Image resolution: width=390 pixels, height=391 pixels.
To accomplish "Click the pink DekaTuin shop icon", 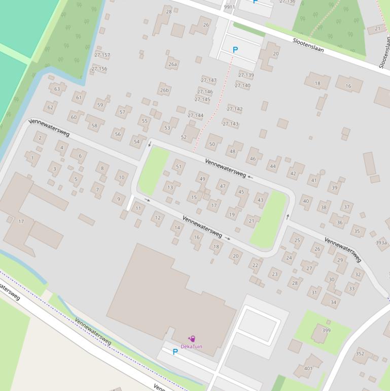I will (x=192, y=339).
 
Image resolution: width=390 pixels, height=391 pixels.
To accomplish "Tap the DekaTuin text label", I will (x=191, y=346).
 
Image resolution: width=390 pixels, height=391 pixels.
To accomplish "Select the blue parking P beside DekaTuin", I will (x=175, y=352).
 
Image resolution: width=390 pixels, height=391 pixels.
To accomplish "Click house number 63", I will (x=57, y=89).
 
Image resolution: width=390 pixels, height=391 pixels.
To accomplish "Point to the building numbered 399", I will (x=326, y=331).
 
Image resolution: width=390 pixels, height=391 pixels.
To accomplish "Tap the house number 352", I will (x=360, y=354).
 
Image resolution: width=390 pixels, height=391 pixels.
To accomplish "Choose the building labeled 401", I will (x=308, y=369).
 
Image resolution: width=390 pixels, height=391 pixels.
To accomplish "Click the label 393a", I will (x=381, y=243).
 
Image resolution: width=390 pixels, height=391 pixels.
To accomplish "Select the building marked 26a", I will (x=173, y=64).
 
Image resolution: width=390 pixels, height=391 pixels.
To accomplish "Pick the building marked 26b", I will (x=164, y=90).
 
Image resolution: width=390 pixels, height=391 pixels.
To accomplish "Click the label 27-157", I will (x=102, y=55).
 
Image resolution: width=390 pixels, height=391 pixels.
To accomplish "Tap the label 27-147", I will (x=208, y=80).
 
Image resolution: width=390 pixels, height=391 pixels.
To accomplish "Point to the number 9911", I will (x=229, y=7).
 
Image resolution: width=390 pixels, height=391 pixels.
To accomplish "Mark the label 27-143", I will (x=230, y=124).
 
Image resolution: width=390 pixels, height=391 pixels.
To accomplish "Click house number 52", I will (x=184, y=137).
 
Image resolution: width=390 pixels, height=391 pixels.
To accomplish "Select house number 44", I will (x=273, y=166).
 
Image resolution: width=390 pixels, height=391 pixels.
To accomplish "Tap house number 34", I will (x=333, y=302).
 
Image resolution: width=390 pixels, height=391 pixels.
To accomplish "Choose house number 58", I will (x=94, y=125).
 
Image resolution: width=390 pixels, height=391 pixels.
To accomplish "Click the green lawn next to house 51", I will (x=154, y=170).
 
